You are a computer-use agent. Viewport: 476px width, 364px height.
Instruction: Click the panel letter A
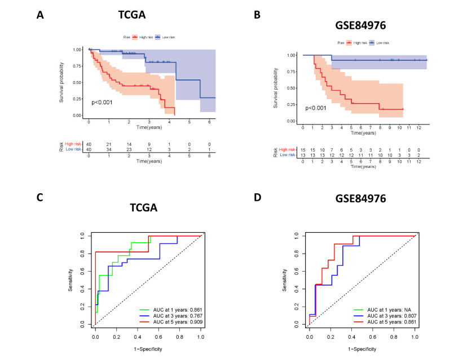(40, 15)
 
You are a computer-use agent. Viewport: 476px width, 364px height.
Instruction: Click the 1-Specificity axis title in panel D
(362, 349)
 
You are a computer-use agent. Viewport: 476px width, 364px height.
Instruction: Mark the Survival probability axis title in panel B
(276, 88)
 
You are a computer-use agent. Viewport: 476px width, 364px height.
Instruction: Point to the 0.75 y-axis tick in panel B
(290, 72)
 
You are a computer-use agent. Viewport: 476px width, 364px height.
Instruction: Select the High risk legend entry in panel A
(142, 37)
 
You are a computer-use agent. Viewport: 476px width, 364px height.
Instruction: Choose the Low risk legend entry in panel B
(381, 43)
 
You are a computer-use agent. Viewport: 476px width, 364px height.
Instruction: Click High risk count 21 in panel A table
(109, 144)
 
